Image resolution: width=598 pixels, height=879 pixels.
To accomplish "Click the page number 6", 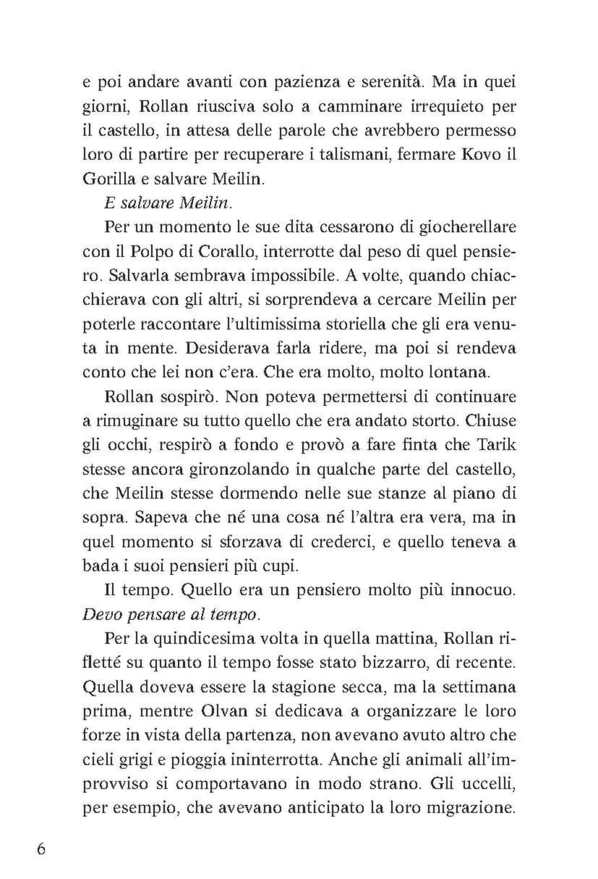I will coord(41,849).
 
